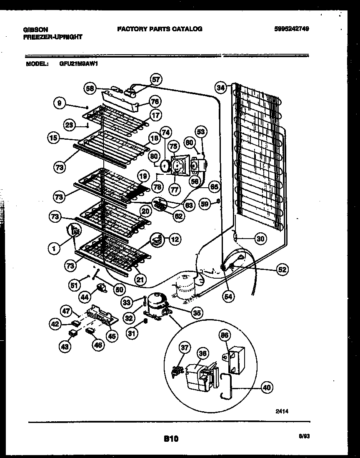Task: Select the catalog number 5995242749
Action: [x=295, y=29]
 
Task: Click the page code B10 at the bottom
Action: [x=171, y=439]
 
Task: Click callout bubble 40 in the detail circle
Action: [x=267, y=388]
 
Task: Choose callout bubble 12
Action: [x=175, y=239]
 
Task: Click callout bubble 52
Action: [x=282, y=269]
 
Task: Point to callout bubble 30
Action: [x=260, y=239]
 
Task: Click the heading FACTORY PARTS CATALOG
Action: [x=160, y=29]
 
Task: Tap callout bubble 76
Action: [x=155, y=101]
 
